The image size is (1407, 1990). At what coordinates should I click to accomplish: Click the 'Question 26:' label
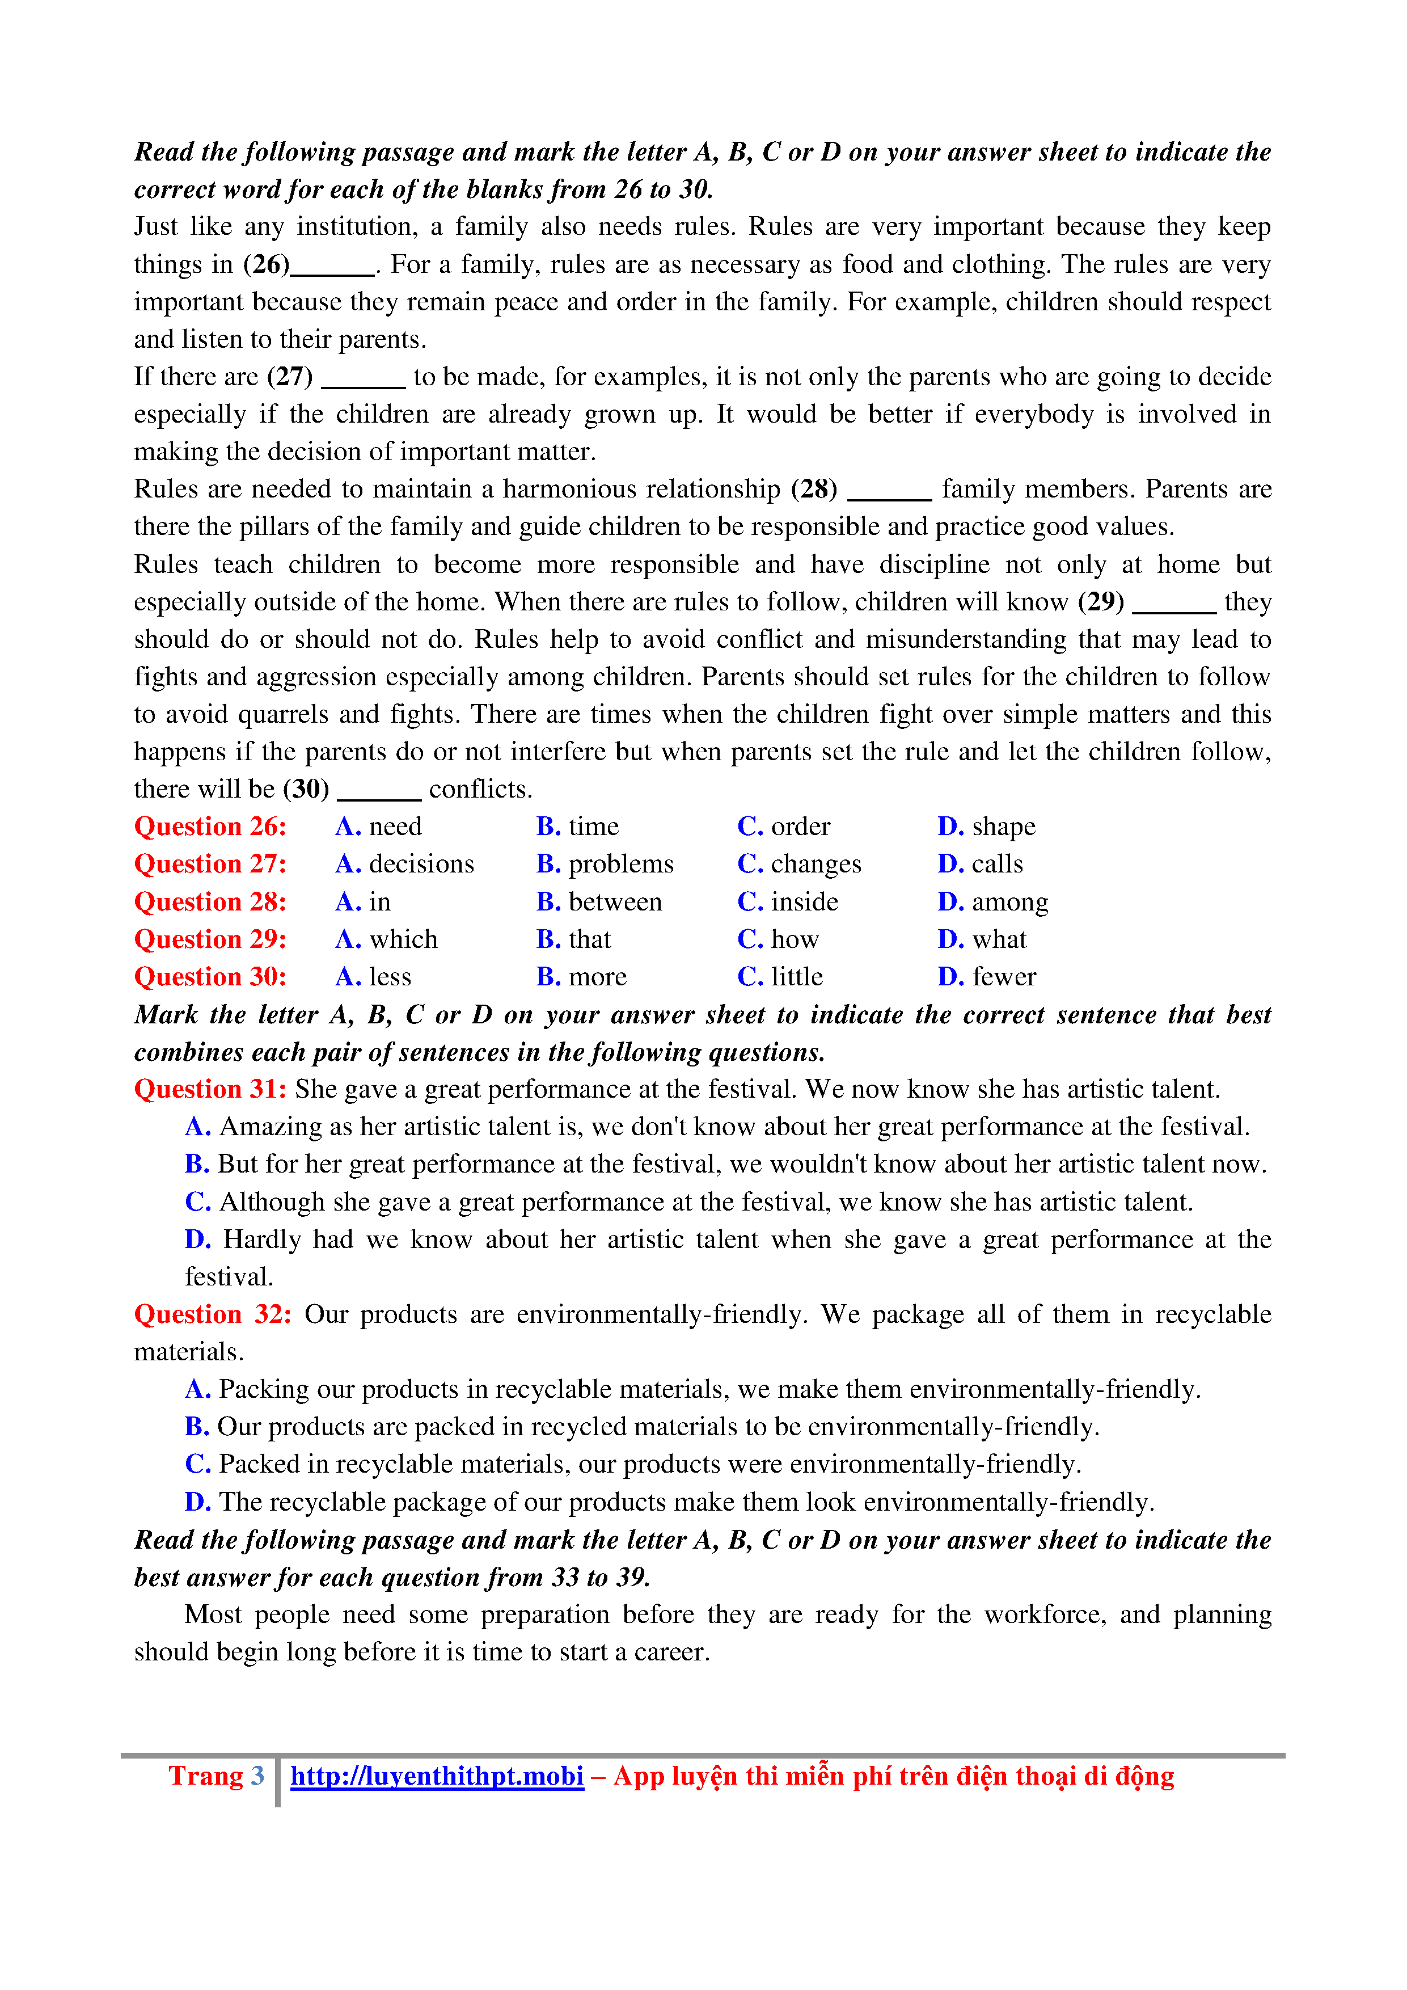point(210,827)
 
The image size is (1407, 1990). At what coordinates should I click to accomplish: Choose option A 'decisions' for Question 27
point(404,864)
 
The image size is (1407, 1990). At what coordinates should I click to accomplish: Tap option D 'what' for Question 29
point(982,939)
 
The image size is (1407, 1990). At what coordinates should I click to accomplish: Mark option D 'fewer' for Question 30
point(986,977)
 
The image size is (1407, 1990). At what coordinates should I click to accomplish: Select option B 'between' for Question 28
point(599,903)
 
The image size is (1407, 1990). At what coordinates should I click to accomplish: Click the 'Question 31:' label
point(210,1090)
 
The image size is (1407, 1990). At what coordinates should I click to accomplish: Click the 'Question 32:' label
point(212,1315)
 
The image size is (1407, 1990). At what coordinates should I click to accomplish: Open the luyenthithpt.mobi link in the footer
point(437,1776)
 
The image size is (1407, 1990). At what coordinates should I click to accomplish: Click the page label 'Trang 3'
point(216,1776)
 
